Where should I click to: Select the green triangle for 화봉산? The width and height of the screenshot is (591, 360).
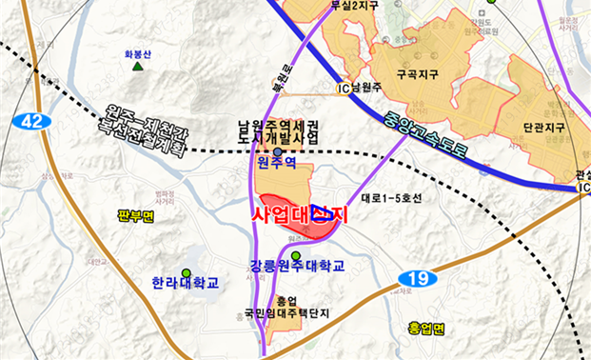pos(139,68)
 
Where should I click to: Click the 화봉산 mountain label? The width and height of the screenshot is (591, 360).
pos(138,54)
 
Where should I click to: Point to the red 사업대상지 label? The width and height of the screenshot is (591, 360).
pos(300,215)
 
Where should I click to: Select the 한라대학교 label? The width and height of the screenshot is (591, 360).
pos(186,283)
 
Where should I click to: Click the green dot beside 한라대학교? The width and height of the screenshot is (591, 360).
pos(187,268)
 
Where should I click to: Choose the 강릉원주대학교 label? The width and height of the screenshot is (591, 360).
pos(297,265)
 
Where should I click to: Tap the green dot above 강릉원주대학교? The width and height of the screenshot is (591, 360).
pos(296,255)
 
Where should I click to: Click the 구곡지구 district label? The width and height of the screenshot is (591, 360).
pos(421,73)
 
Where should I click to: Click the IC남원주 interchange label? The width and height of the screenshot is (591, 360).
pos(358,89)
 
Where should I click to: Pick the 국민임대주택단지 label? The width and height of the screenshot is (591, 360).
pos(273,311)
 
